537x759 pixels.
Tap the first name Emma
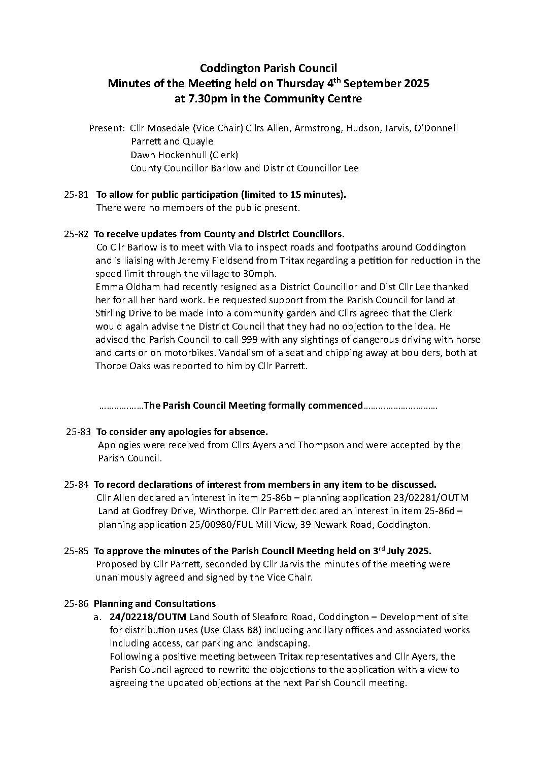point(108,287)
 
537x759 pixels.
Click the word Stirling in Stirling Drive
point(110,313)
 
